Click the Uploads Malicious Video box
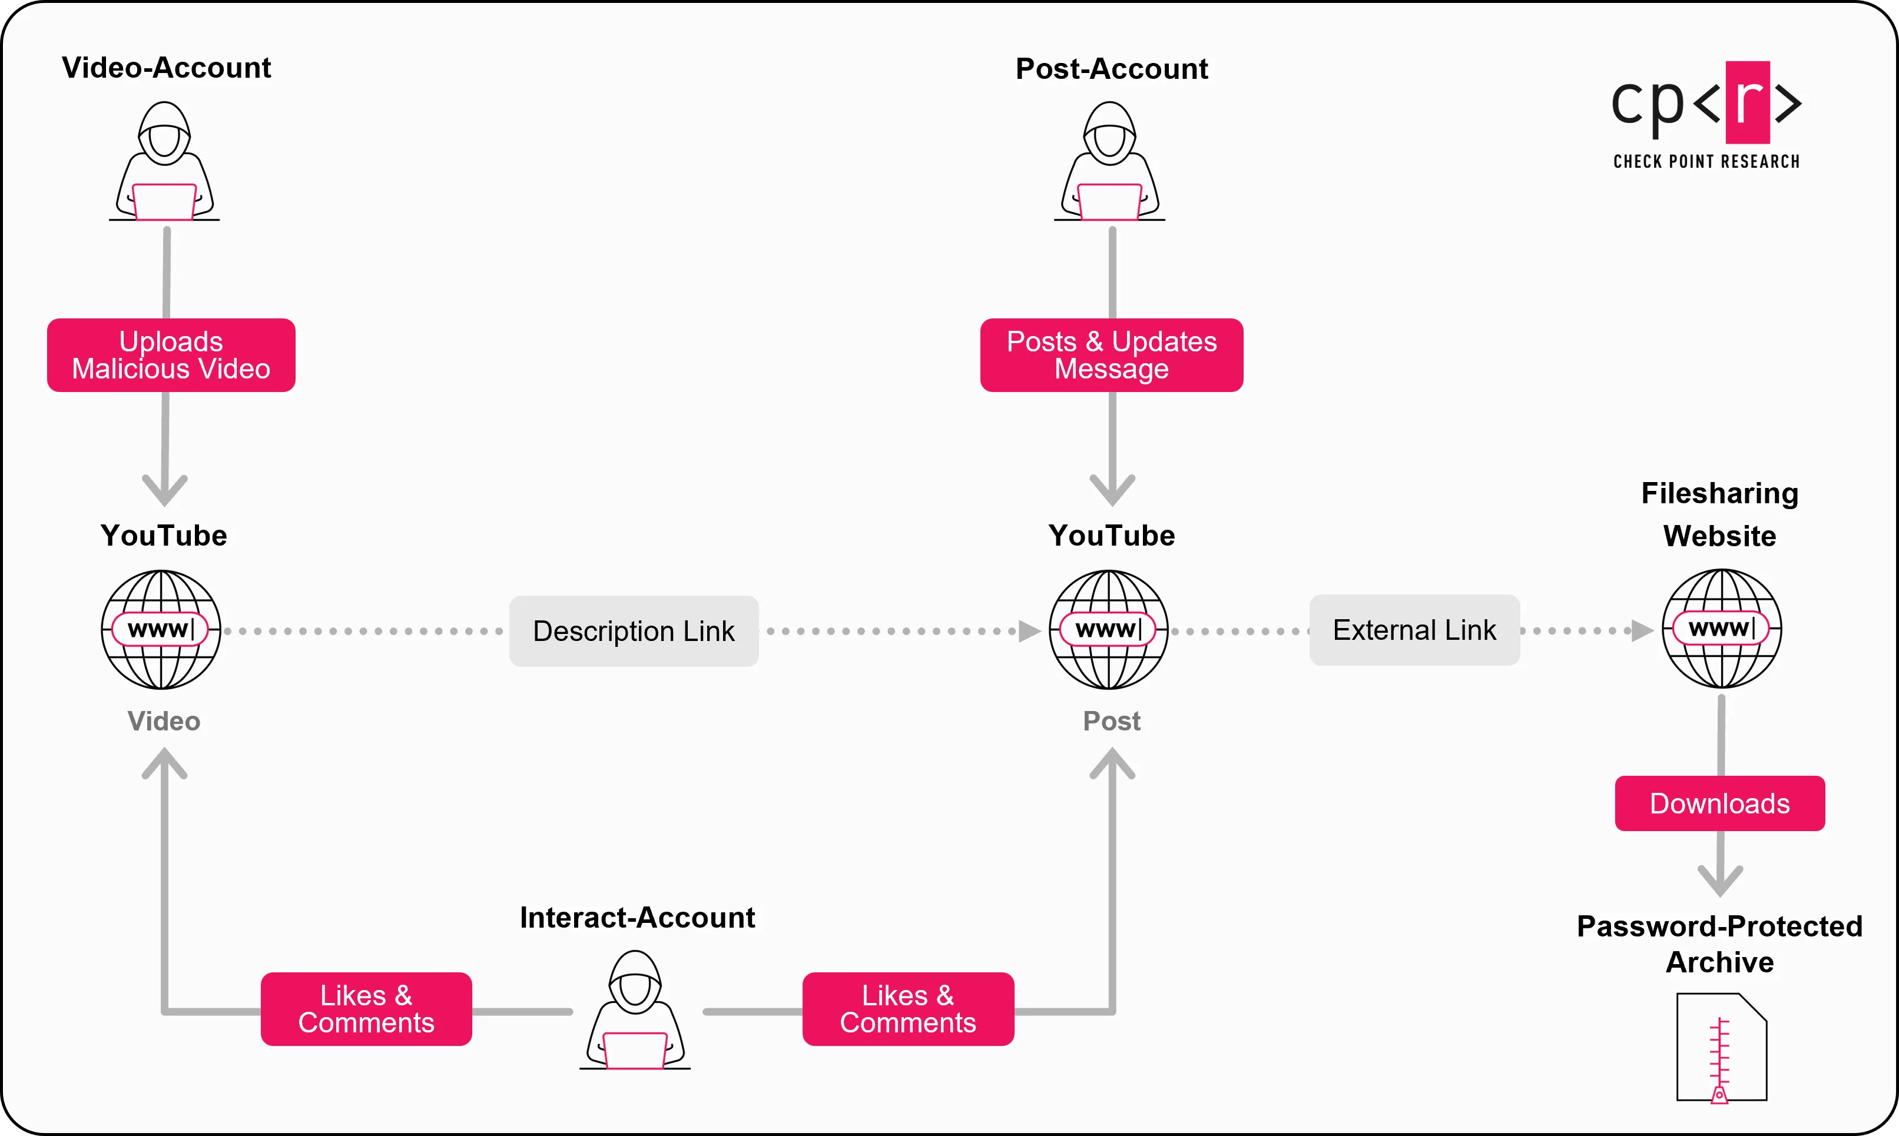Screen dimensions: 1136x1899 [171, 355]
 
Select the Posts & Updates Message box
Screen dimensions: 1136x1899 [1111, 355]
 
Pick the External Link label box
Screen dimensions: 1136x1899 [1414, 629]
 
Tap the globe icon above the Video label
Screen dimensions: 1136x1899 [161, 629]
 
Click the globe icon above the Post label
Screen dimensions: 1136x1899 [1108, 629]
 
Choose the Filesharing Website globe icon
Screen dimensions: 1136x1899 [1721, 629]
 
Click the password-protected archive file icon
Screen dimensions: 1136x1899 [1721, 1047]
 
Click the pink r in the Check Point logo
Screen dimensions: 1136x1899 [1748, 102]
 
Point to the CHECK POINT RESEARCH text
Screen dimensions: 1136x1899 [1706, 161]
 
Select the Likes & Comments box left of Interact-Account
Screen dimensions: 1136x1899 [366, 1009]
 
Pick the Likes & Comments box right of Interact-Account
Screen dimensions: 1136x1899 [907, 1009]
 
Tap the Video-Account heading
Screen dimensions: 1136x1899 [166, 67]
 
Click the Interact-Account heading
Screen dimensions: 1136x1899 [637, 917]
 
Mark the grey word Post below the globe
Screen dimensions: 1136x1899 [1111, 720]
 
